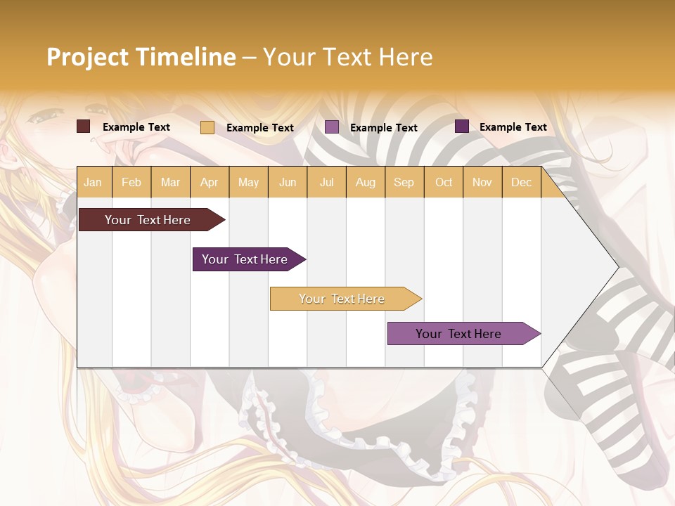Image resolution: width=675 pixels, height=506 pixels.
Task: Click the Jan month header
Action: click(93, 182)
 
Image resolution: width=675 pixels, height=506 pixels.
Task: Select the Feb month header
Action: click(131, 182)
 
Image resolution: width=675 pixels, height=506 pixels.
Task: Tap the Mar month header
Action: click(170, 182)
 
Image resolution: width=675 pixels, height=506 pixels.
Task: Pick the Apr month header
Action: click(210, 182)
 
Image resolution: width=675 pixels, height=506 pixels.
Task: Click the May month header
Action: click(248, 182)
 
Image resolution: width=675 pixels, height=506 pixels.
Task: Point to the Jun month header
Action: click(288, 182)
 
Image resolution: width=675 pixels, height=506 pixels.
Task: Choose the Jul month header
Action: click(326, 182)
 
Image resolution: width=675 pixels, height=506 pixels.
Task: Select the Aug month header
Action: click(366, 182)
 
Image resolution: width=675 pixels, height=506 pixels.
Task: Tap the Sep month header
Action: click(404, 182)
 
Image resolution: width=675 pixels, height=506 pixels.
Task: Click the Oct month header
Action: click(444, 182)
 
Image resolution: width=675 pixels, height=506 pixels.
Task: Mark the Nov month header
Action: click(482, 182)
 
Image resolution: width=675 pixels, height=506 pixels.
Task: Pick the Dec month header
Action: click(521, 182)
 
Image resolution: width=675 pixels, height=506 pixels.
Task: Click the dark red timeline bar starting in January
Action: click(148, 220)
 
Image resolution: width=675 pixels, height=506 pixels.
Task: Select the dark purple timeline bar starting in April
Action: click(245, 259)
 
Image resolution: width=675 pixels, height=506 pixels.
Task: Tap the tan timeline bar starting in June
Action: click(342, 299)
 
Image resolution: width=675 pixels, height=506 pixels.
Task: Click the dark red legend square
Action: click(84, 126)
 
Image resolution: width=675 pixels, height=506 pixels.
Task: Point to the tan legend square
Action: click(207, 127)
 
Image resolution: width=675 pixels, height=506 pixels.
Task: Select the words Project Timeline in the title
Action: click(141, 57)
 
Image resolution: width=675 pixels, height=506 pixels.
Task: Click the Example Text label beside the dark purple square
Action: click(513, 126)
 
